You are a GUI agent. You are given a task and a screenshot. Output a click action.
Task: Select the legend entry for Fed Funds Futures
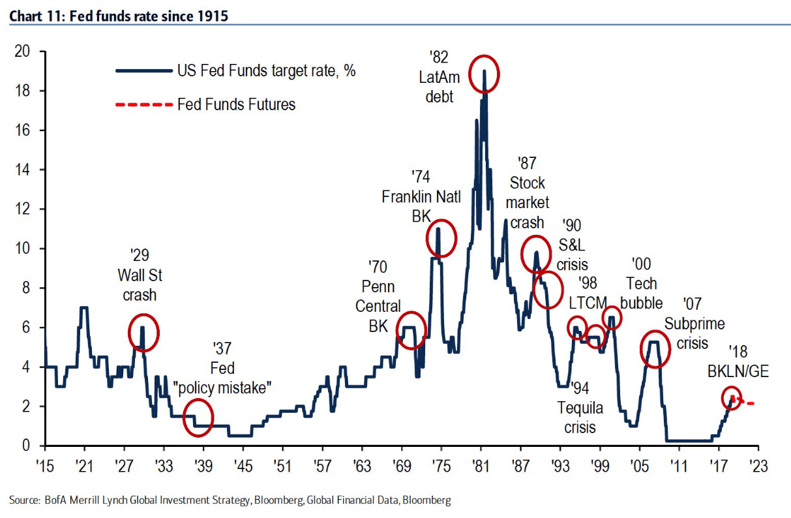[x=236, y=104]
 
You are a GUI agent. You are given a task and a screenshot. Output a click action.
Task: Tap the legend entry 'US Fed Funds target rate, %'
[x=266, y=71]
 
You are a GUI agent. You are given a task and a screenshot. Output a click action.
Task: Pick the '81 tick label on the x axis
[x=481, y=467]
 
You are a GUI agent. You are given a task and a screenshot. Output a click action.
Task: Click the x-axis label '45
[x=243, y=467]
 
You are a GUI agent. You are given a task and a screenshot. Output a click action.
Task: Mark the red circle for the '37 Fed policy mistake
[x=198, y=418]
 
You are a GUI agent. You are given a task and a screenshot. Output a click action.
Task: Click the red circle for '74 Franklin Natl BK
[x=441, y=238]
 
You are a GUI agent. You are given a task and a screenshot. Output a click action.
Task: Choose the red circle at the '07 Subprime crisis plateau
[x=655, y=350]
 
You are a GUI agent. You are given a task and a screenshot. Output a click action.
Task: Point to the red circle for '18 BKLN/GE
[x=732, y=398]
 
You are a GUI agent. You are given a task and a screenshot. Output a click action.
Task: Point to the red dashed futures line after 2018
[x=745, y=403]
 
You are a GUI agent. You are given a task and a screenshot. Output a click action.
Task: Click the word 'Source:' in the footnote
[x=25, y=500]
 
